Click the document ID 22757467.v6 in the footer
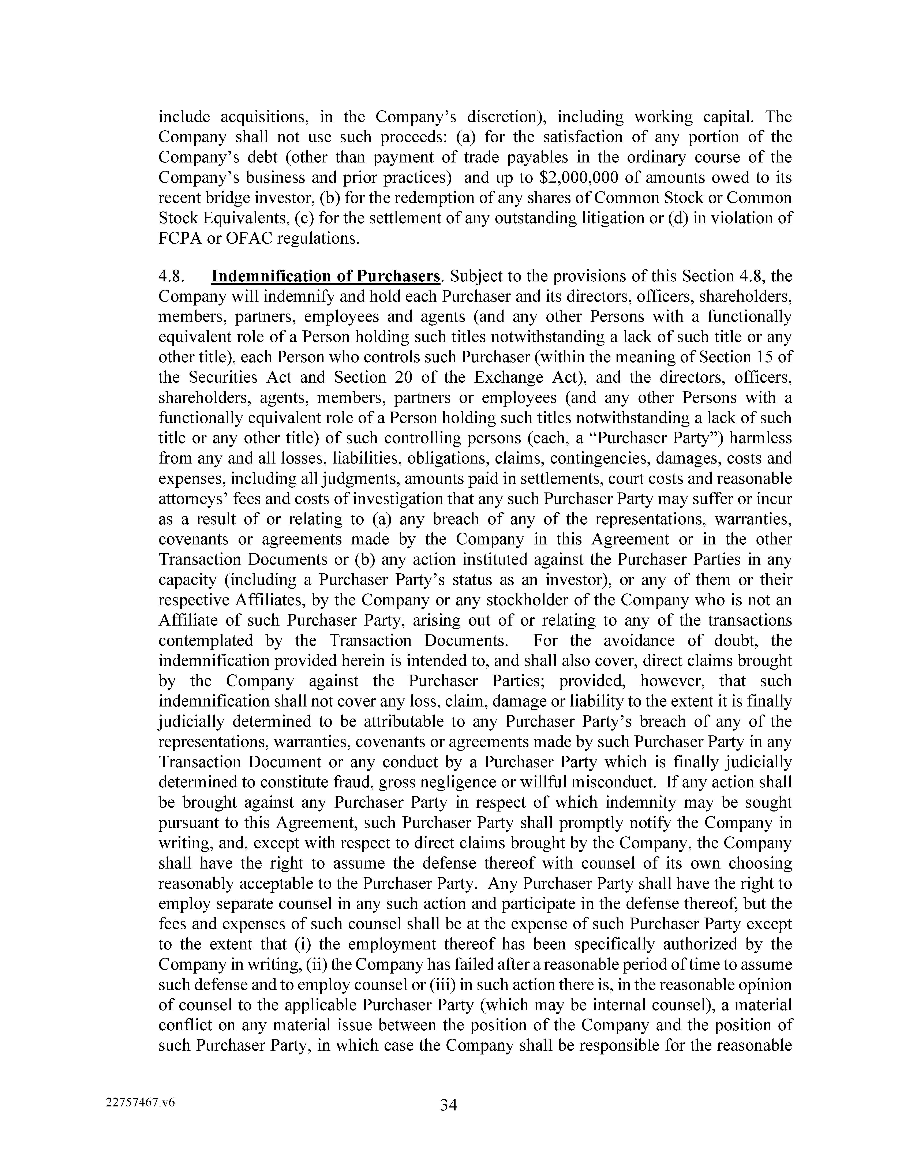point(140,1102)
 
